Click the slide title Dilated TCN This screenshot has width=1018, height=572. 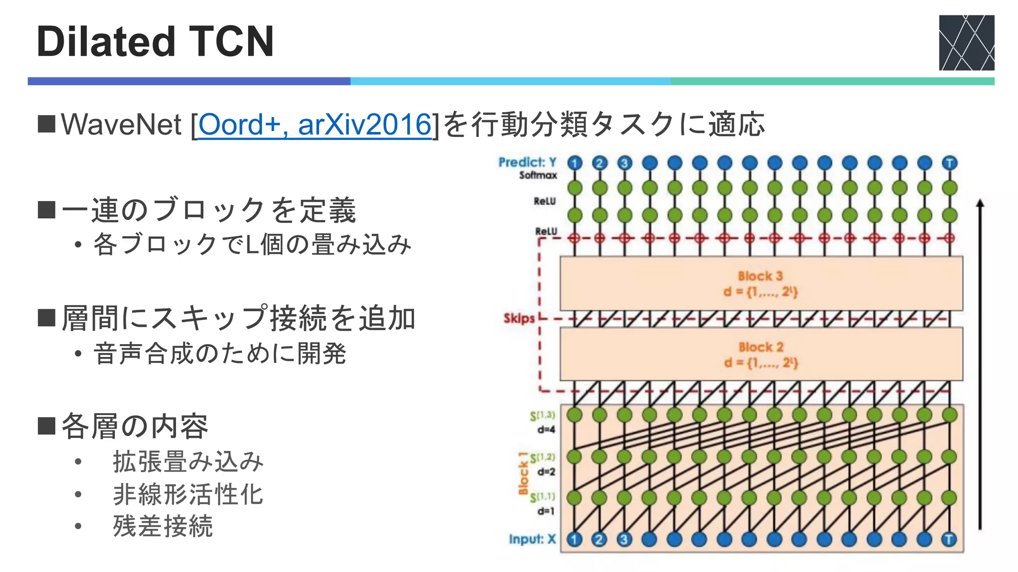(x=155, y=42)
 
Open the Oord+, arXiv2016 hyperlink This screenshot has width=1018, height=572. (x=315, y=124)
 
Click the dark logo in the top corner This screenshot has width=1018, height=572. (x=966, y=43)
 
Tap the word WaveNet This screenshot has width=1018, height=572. (x=121, y=124)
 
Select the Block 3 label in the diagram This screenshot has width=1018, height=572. (x=760, y=276)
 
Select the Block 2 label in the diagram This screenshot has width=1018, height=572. (x=761, y=347)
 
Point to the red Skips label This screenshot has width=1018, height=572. (x=519, y=318)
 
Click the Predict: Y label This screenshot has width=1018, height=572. (x=527, y=162)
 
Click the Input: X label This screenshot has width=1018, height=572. (x=532, y=539)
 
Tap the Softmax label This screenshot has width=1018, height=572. (x=538, y=175)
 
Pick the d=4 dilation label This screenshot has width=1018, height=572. (x=546, y=429)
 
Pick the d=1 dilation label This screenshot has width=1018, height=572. (x=546, y=511)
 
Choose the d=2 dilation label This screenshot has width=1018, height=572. (x=546, y=472)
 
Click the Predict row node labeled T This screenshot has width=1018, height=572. (x=949, y=163)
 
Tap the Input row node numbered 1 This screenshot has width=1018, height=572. (x=575, y=539)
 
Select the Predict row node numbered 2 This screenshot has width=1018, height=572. (x=599, y=163)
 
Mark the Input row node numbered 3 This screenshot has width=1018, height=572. (x=624, y=539)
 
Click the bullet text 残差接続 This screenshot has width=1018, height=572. (x=163, y=526)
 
